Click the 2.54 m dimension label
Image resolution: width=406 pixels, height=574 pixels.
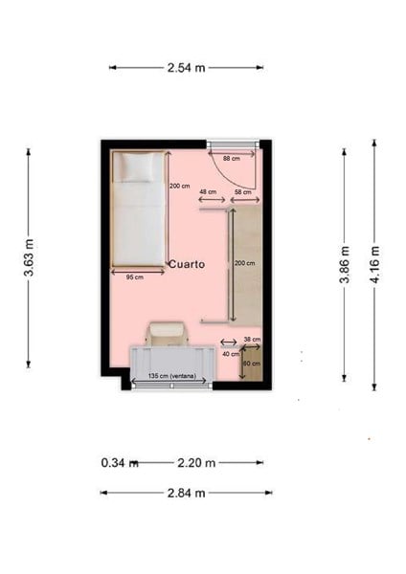[x=186, y=68]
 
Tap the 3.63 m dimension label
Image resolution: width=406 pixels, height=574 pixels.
[x=29, y=257]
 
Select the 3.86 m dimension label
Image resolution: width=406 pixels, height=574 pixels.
[x=345, y=265]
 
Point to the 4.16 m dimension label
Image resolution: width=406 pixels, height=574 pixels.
[x=374, y=265]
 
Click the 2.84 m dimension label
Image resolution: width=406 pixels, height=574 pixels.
[x=186, y=493]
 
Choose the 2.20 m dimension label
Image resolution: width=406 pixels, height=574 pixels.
[x=196, y=463]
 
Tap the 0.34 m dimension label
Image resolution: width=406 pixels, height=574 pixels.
[x=120, y=463]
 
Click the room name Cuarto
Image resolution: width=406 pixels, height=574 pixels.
[x=187, y=264]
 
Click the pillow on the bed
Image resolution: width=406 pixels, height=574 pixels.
[x=138, y=167]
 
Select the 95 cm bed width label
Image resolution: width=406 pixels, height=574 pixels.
[x=135, y=277]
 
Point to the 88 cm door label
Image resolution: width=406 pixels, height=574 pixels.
[x=231, y=159]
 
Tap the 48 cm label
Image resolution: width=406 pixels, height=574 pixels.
[x=208, y=192]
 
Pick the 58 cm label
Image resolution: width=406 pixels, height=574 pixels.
[x=242, y=192]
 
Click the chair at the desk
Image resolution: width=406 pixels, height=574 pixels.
[x=167, y=334]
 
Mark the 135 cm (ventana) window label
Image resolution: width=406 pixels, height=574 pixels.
[x=171, y=376]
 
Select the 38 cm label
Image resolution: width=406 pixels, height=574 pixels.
[x=252, y=340]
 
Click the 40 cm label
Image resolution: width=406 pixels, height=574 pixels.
[x=231, y=354]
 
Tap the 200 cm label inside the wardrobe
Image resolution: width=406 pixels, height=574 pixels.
[x=244, y=263]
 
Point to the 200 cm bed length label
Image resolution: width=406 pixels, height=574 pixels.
[x=180, y=186]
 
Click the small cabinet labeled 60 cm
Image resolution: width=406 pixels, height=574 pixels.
[x=251, y=364]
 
